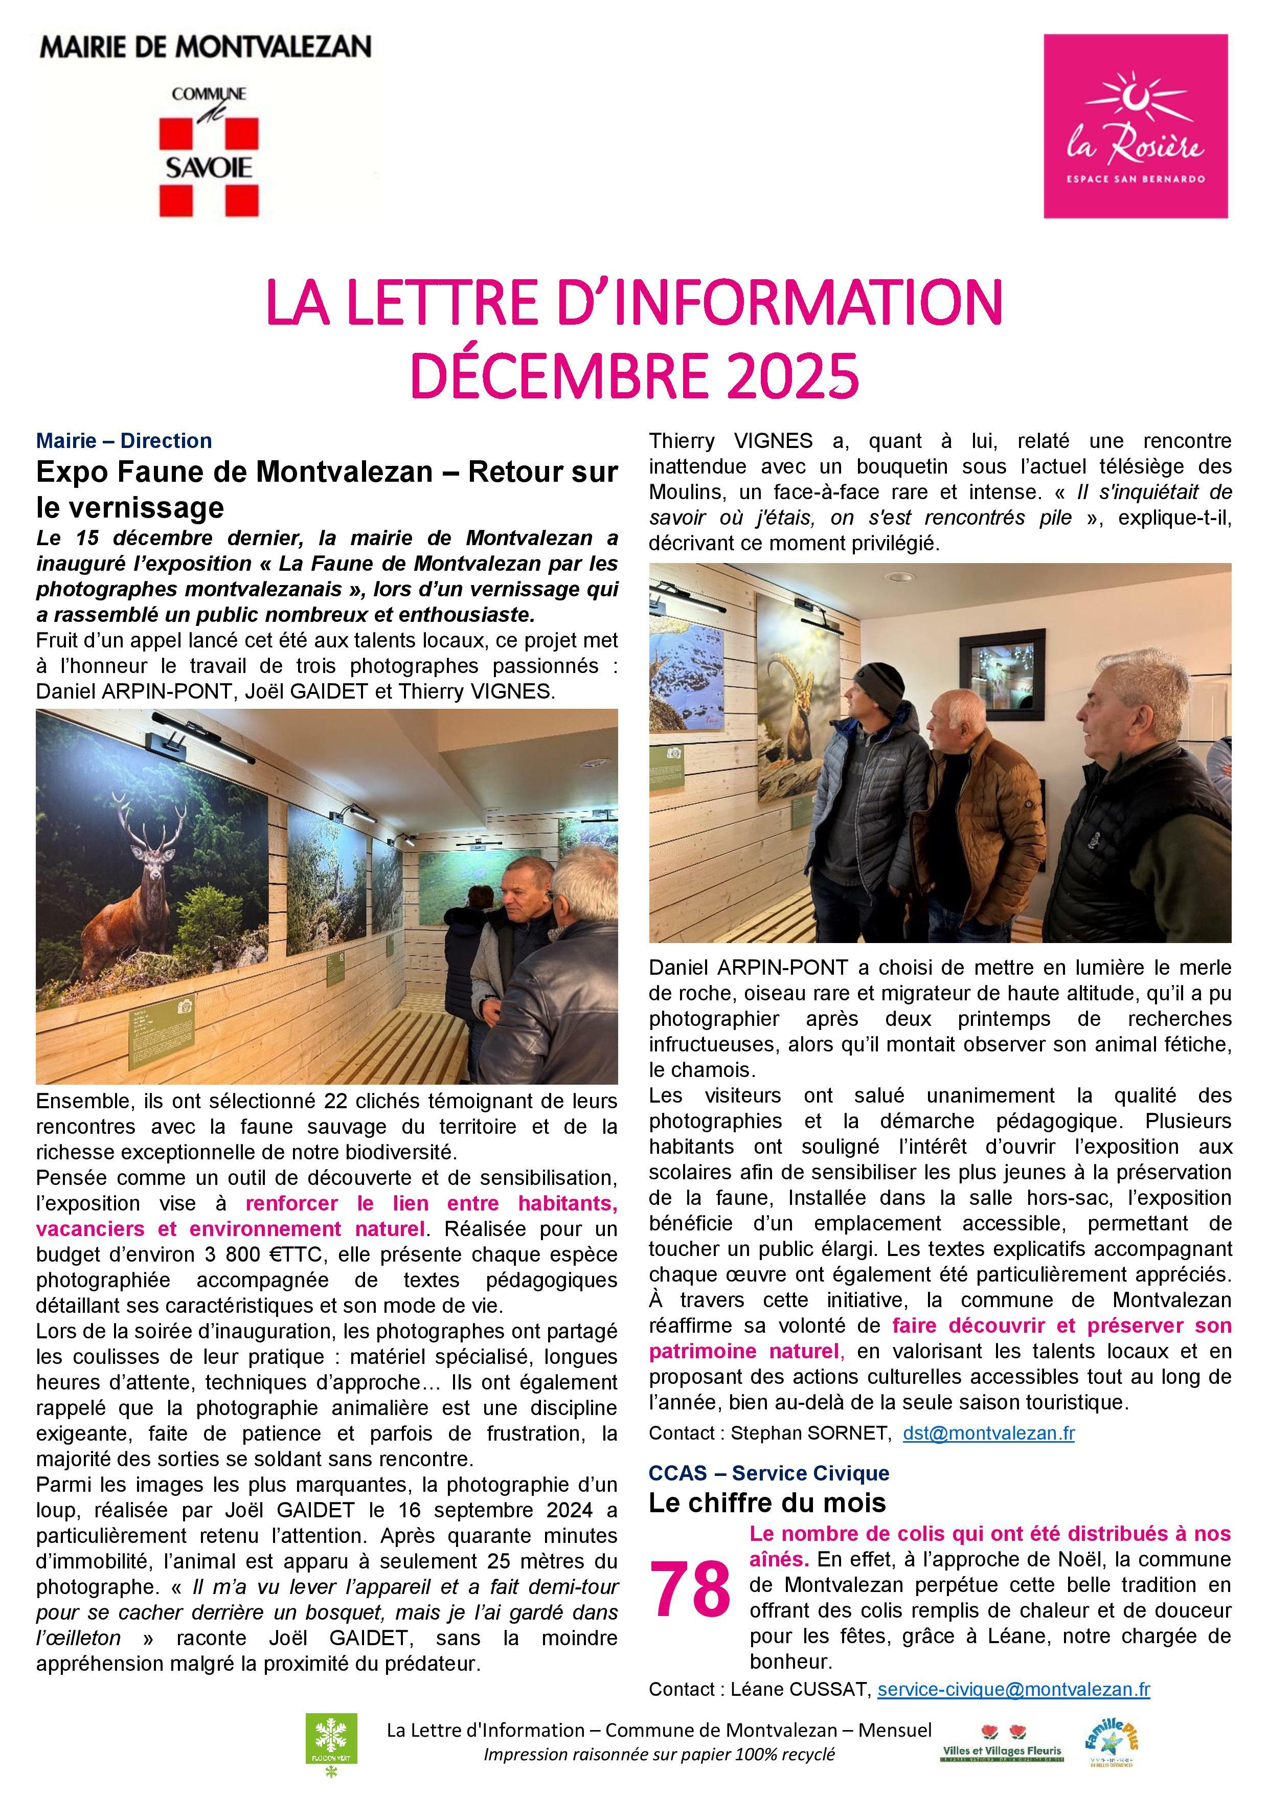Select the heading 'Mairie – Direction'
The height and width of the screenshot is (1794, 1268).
point(124,441)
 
